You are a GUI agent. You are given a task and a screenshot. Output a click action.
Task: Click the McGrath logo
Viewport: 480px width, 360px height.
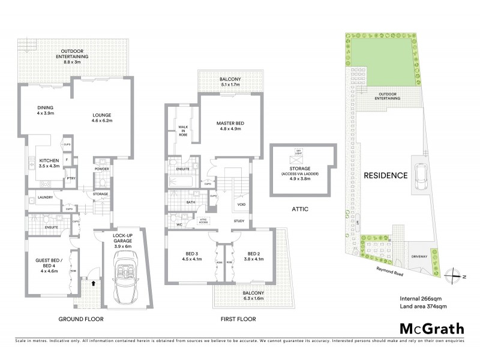(431, 328)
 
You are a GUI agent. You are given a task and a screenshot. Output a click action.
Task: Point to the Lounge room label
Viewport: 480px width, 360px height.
(101, 118)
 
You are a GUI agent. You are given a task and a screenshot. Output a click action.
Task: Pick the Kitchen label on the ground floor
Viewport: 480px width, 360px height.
(49, 164)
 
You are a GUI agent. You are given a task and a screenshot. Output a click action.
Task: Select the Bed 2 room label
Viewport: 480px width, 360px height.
(253, 256)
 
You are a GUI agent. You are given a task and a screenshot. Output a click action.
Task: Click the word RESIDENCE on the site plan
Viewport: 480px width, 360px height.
(385, 176)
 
